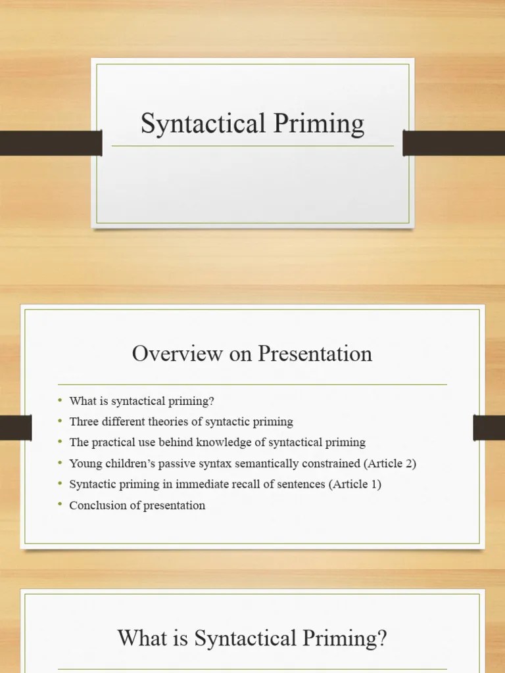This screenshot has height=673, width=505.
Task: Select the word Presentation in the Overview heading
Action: click(x=315, y=354)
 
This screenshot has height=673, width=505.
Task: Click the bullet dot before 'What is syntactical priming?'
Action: click(x=59, y=400)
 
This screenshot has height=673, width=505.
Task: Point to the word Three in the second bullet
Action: click(x=83, y=421)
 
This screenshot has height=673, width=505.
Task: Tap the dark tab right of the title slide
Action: click(x=454, y=143)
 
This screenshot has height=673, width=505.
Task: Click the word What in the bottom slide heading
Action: click(x=139, y=638)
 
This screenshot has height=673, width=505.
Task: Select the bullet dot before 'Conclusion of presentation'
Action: click(x=59, y=505)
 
